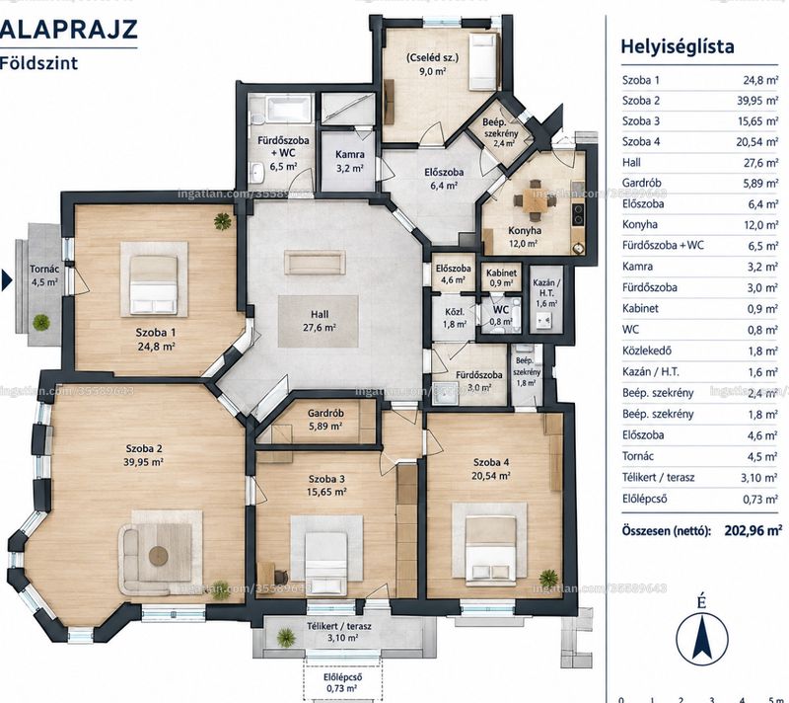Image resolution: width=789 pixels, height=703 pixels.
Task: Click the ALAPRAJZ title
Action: [x=68, y=30]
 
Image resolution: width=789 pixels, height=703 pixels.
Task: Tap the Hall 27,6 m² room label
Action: [x=320, y=321]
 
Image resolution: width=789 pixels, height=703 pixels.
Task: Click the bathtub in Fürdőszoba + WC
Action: [x=285, y=109]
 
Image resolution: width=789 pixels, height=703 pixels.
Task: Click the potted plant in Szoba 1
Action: [x=222, y=220]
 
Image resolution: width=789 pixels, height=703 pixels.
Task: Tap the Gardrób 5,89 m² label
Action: [x=325, y=420]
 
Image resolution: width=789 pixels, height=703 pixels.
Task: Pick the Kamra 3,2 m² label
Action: [x=350, y=161]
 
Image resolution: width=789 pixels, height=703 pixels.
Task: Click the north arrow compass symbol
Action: [x=701, y=636]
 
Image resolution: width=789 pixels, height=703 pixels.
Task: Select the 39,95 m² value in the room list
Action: [x=757, y=101]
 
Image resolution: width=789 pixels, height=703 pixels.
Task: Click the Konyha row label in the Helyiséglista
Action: [x=639, y=224]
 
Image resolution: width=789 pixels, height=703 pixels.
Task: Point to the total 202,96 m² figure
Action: [x=753, y=530]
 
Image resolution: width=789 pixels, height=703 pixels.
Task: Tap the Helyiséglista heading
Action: [x=678, y=46]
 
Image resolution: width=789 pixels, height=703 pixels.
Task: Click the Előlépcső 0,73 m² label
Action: [x=342, y=683]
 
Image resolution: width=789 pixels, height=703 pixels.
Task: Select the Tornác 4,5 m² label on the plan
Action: [x=44, y=275]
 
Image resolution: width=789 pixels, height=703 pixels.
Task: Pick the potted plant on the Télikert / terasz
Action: [x=286, y=636]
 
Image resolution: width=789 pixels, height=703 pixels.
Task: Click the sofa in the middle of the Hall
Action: [x=315, y=262]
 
